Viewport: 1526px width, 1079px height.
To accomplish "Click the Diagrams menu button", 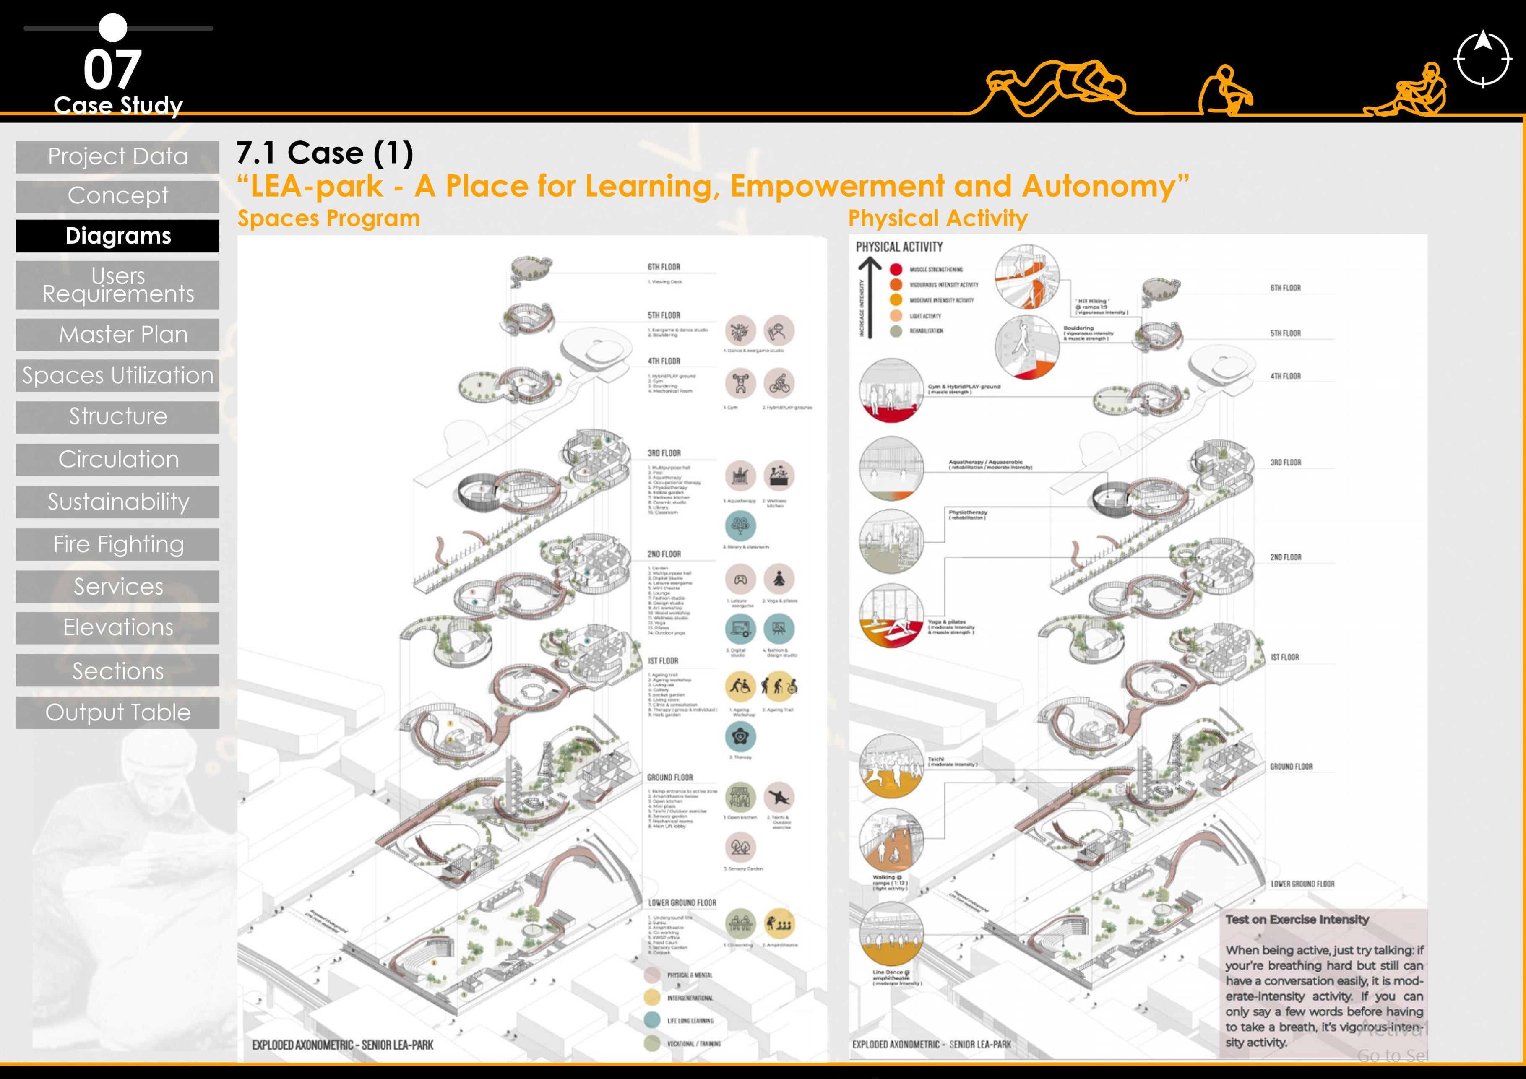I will (x=117, y=236).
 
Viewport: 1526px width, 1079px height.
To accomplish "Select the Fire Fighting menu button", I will (x=117, y=544).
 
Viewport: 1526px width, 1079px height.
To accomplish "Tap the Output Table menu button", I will (x=117, y=712).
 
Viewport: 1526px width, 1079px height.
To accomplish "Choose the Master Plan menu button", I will (x=117, y=334).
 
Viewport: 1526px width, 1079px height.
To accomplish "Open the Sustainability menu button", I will (x=117, y=502).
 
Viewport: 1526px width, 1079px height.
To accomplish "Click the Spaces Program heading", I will (x=328, y=218).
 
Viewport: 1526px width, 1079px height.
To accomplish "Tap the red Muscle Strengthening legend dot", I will (x=896, y=269).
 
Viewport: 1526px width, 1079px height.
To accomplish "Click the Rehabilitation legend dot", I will (x=896, y=331).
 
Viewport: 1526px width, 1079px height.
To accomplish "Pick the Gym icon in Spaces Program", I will (x=740, y=383).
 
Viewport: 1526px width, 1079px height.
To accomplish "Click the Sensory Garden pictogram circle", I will (x=740, y=846).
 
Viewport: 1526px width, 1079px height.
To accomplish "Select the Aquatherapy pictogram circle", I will (x=740, y=476).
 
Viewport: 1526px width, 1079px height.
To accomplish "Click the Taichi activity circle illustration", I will (x=891, y=766).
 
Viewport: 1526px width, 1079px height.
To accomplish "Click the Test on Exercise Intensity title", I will (x=1297, y=920).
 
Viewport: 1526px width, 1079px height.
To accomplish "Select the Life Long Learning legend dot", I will (x=652, y=1020).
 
